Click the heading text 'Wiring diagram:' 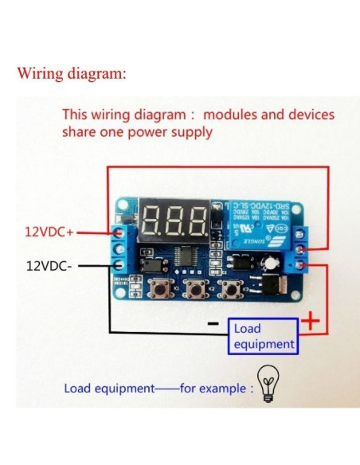click(71, 73)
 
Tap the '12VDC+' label click(49, 232)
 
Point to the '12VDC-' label click(49, 264)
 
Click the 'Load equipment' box click(264, 336)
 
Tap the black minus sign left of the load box click(213, 324)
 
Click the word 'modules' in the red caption click(237, 115)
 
